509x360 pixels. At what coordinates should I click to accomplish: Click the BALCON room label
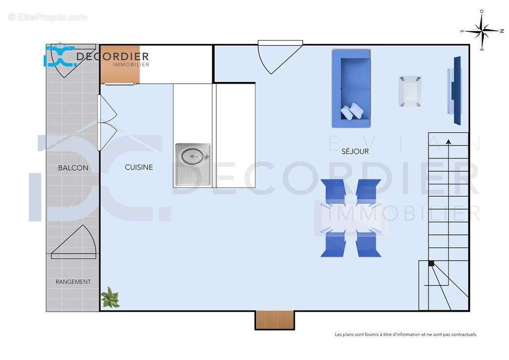point(73,168)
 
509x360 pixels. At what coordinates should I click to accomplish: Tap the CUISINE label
point(139,168)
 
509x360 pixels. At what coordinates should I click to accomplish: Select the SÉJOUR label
point(355,151)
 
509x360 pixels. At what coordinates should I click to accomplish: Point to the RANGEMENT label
point(73,282)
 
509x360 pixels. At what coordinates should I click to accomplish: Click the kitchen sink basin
point(192,156)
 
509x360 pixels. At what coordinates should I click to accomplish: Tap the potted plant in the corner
point(110,298)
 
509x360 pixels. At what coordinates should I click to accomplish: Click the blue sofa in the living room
point(351,88)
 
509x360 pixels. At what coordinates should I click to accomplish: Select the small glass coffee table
point(410,91)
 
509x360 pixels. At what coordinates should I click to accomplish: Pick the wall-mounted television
point(456,90)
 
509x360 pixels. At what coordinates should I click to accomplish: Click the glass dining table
point(351,218)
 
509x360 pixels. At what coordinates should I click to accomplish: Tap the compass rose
point(482,31)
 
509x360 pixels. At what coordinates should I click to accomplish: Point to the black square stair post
point(431,264)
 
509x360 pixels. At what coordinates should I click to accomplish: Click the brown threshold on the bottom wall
point(275,320)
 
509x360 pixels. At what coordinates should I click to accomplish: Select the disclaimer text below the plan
point(406,335)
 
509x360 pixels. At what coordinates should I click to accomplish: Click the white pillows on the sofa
point(352,111)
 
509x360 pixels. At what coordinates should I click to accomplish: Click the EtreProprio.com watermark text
point(48,17)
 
